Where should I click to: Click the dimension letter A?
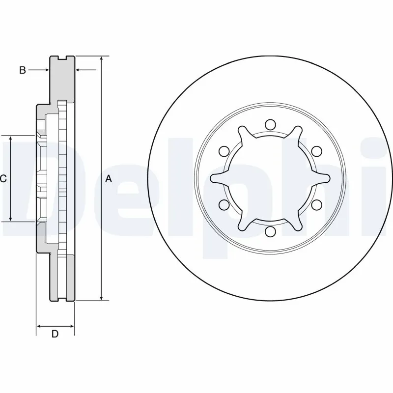[109, 179]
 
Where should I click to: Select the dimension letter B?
[22, 70]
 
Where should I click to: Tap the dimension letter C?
[3, 179]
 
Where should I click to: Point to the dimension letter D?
[55, 335]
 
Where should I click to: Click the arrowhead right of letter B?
[47, 70]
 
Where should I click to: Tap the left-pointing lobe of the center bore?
[214, 178]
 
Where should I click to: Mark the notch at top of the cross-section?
[62, 57]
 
